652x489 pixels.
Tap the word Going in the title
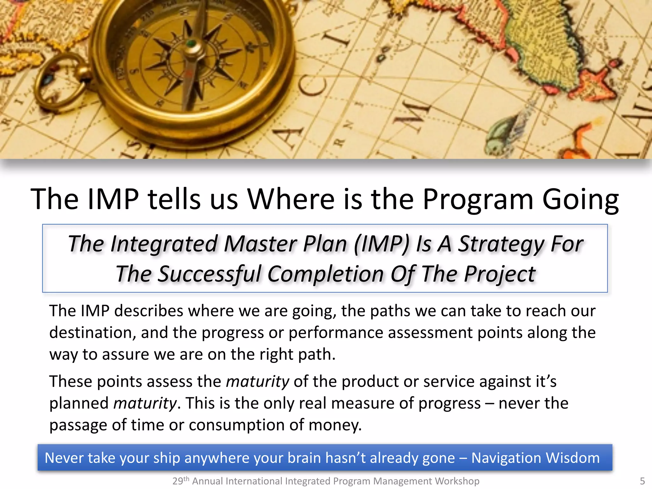(580, 200)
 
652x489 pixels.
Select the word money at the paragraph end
(335, 425)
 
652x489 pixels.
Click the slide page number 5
(642, 481)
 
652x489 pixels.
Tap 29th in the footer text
(181, 481)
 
